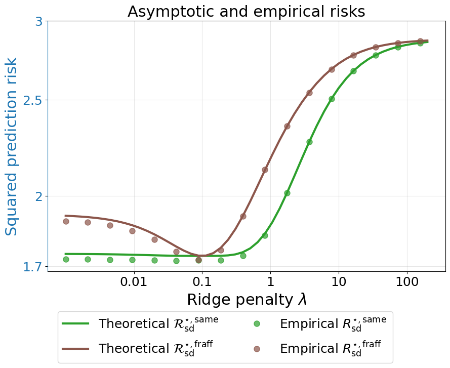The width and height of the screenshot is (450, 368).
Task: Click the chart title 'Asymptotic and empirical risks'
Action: coord(246,12)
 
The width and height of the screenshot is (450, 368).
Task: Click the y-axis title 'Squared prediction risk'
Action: coord(12,146)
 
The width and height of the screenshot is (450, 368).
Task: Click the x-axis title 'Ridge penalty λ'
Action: coord(247,299)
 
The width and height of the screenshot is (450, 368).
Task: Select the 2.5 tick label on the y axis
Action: coord(34,100)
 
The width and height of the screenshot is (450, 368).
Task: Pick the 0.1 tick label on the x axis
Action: coord(202,281)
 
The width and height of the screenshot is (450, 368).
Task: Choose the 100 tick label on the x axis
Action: coord(406,281)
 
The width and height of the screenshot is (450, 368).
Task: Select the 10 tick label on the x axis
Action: coord(338,281)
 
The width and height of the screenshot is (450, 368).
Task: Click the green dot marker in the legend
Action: coord(257,323)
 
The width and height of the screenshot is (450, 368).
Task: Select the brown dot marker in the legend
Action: coord(257,349)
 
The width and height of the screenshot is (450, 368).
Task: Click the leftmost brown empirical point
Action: coord(66,221)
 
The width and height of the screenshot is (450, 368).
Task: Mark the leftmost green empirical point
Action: coord(66,259)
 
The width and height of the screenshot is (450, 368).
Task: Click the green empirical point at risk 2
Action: coord(287,193)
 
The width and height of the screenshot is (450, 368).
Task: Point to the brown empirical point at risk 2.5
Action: coord(309,93)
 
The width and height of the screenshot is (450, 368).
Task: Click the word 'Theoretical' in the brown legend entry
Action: coord(129,349)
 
